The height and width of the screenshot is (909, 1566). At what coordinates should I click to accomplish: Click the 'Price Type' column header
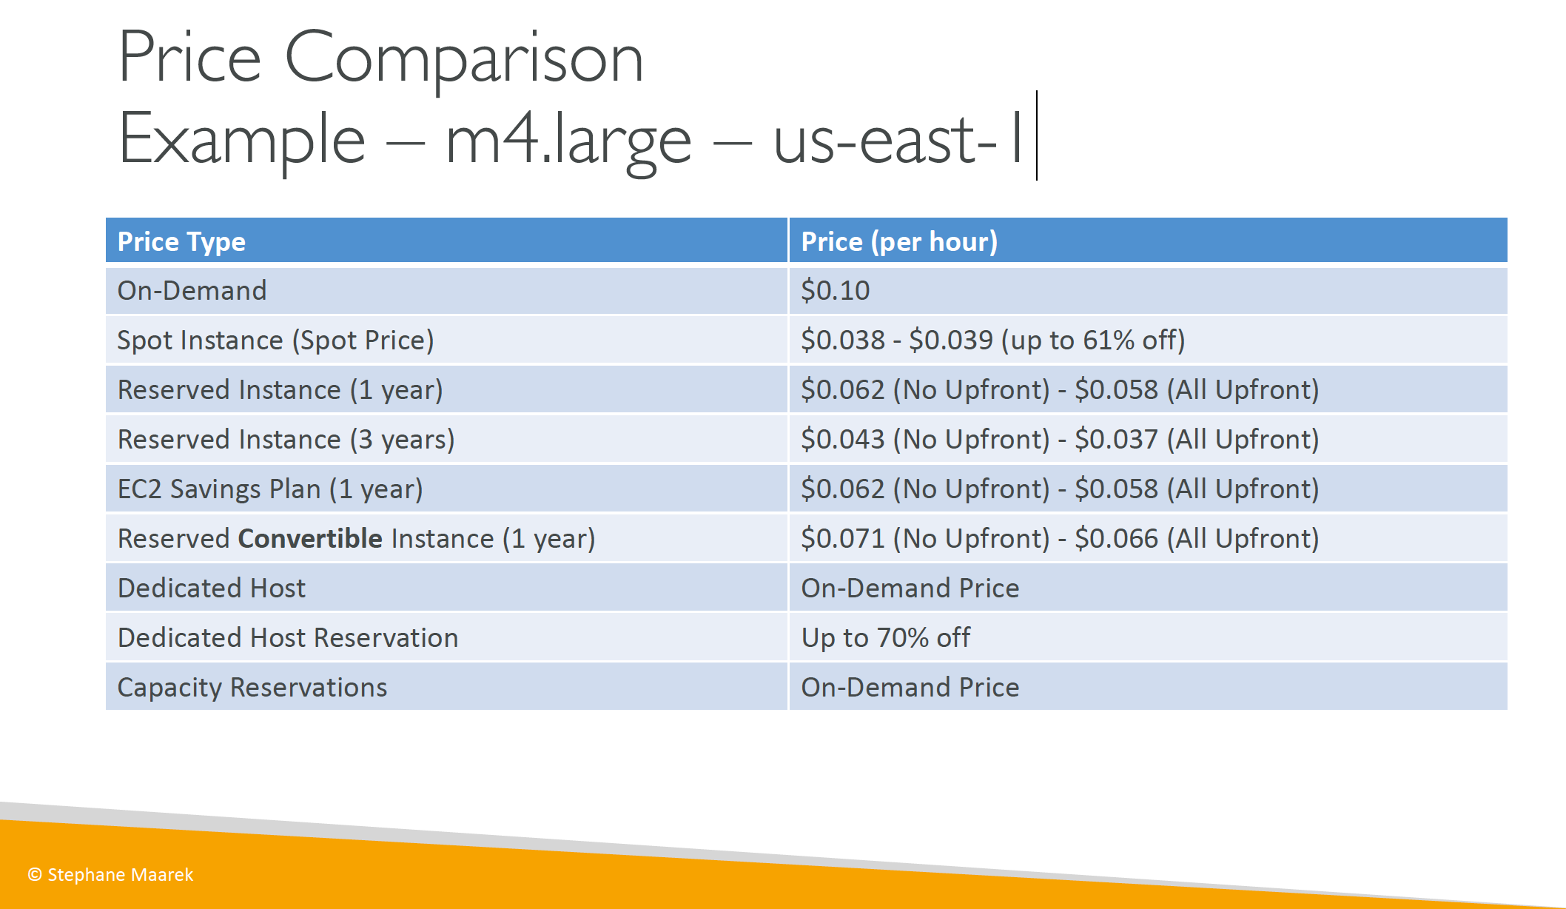(181, 242)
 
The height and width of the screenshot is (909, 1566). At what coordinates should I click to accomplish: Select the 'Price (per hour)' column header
(899, 242)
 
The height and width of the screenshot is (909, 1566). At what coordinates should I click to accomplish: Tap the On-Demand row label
(192, 290)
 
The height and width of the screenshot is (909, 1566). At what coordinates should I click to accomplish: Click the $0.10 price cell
(836, 290)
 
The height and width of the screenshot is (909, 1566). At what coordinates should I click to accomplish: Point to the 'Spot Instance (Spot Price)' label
(276, 341)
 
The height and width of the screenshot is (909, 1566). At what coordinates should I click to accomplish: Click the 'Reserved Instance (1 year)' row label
(280, 390)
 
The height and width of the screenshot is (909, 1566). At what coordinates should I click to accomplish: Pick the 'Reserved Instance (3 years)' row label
(286, 440)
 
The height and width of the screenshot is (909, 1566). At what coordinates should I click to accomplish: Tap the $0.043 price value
(843, 440)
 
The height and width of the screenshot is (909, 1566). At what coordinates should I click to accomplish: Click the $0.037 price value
(1116, 440)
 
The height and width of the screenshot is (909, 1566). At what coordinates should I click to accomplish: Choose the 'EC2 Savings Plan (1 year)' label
(270, 489)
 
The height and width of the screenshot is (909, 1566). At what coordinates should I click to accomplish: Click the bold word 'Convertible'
(310, 539)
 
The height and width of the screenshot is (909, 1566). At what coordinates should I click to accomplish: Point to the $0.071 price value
(843, 539)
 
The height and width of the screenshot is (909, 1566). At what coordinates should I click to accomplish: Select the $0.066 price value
(1116, 539)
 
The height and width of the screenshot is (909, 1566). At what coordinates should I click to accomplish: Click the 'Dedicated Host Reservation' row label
(288, 638)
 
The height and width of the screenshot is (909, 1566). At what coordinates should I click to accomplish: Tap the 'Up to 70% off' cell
(886, 638)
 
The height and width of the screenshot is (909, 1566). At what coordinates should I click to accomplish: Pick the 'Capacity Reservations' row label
(252, 688)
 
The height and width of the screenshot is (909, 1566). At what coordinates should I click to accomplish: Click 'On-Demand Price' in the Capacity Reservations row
(910, 688)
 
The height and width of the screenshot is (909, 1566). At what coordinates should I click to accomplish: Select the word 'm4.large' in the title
(568, 141)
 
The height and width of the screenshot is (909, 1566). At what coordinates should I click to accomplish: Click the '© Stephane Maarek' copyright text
(110, 875)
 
